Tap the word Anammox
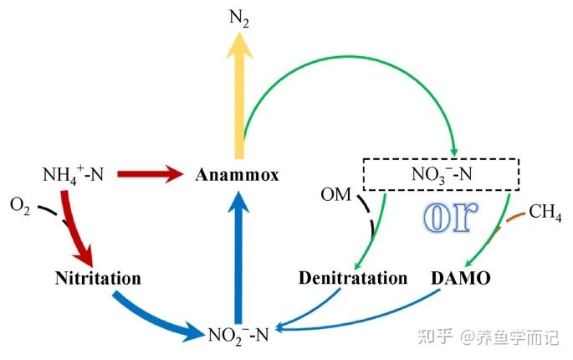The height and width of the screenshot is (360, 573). tap(237, 175)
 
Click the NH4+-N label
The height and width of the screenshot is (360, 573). tap(74, 175)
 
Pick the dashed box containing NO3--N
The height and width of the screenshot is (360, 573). tap(440, 174)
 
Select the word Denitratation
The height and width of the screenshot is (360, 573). tap(353, 277)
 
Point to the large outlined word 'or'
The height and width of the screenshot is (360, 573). tap(447, 217)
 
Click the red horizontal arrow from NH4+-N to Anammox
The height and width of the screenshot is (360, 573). tap(150, 174)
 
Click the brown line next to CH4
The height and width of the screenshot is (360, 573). tap(514, 218)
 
